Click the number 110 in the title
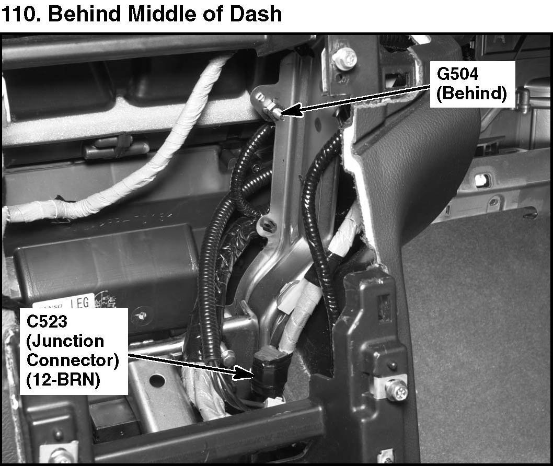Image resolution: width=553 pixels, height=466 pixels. [x=20, y=14]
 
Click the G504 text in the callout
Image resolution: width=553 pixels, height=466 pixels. [x=457, y=75]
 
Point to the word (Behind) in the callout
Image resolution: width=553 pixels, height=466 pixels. [x=471, y=94]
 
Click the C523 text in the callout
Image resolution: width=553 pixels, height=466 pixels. [x=47, y=321]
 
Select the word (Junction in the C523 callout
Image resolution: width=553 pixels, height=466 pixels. [x=65, y=341]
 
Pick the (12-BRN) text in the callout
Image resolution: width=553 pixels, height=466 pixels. [x=63, y=380]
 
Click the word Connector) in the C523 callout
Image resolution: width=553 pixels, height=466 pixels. [x=73, y=360]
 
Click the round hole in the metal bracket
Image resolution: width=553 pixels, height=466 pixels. [x=157, y=380]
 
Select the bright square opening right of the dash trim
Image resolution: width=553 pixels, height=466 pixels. [x=481, y=180]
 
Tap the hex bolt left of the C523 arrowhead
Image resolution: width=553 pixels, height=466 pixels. [x=228, y=357]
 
